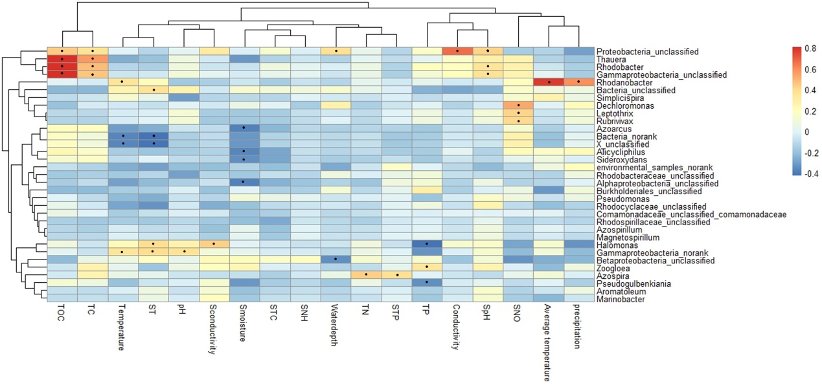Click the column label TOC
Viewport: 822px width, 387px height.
coord(62,318)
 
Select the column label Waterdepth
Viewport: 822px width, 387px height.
coord(336,328)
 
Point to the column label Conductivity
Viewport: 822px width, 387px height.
coord(457,329)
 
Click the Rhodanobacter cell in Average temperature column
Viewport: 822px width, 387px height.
coord(549,82)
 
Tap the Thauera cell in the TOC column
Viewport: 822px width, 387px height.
coord(62,59)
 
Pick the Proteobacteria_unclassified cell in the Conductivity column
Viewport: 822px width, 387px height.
coord(457,51)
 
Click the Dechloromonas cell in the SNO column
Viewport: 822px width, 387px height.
coord(518,105)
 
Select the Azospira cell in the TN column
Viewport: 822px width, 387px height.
coord(367,276)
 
